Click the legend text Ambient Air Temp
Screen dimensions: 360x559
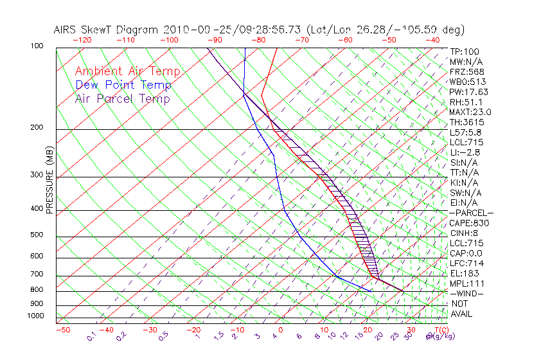click(x=128, y=71)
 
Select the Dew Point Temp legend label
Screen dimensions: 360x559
click(x=123, y=85)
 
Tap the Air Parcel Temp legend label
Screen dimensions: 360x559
click(x=123, y=98)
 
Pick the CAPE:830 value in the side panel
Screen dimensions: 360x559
click(x=469, y=223)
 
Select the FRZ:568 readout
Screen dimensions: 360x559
click(x=466, y=71)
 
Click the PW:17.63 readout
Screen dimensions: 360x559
click(x=468, y=92)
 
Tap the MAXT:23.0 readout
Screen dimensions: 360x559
click(x=471, y=112)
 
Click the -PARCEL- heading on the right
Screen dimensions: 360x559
click(x=471, y=213)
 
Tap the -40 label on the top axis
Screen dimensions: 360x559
click(x=432, y=39)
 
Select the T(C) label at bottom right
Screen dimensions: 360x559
click(x=441, y=330)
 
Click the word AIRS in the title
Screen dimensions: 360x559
click(x=68, y=30)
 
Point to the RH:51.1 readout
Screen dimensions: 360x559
click(x=466, y=102)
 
